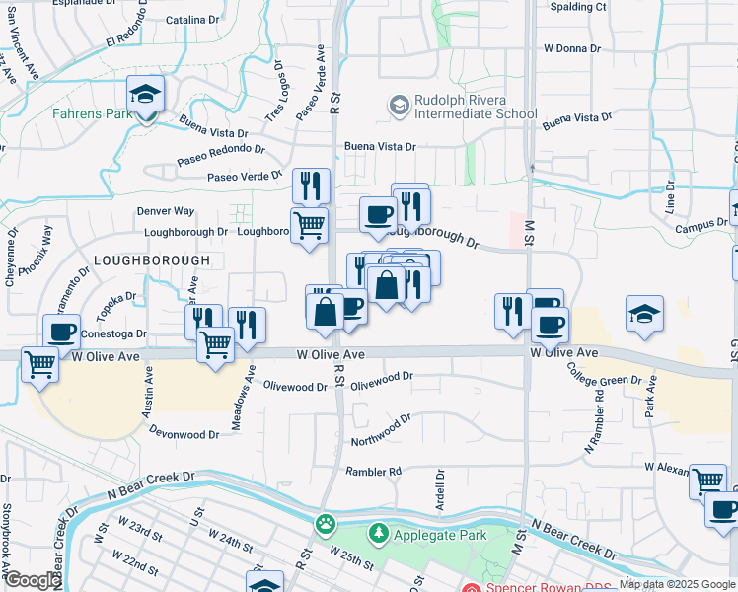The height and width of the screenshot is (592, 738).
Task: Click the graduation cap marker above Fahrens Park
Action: click(146, 96)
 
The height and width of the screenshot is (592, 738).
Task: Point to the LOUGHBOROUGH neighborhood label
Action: click(152, 260)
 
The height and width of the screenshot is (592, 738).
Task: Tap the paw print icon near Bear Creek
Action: click(325, 523)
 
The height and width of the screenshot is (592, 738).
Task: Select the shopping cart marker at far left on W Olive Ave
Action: click(39, 363)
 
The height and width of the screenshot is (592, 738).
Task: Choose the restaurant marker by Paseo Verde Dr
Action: click(312, 185)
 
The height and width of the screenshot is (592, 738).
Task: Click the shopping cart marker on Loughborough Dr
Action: click(310, 224)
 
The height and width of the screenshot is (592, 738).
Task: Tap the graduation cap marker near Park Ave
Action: click(645, 314)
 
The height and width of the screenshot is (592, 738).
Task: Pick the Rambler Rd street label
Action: click(374, 472)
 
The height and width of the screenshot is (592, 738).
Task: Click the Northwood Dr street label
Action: click(381, 430)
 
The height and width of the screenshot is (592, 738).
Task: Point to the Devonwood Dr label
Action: click(184, 434)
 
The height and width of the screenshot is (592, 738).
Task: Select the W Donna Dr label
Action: click(572, 48)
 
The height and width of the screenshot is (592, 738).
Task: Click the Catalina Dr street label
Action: click(192, 20)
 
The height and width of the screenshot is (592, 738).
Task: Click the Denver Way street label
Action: click(166, 211)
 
